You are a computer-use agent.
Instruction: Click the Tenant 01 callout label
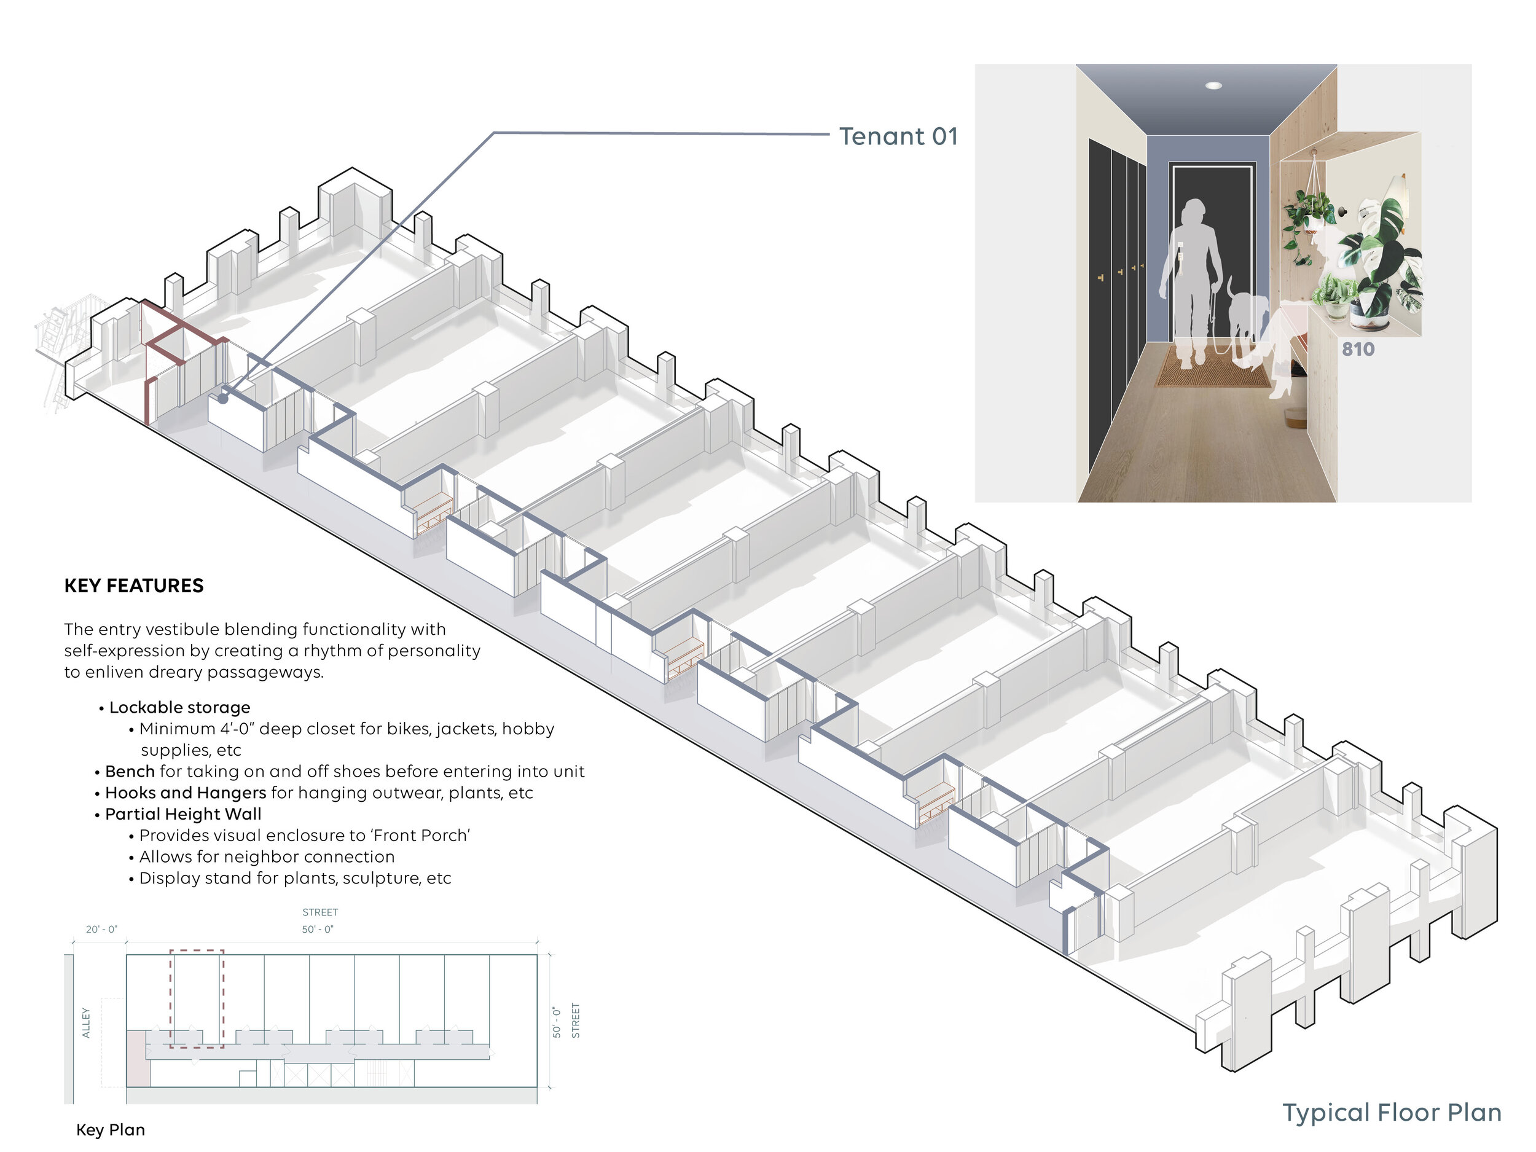(898, 136)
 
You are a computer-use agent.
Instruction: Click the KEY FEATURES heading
(134, 586)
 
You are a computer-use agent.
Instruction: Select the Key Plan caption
(111, 1130)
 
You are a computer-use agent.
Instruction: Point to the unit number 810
(1358, 349)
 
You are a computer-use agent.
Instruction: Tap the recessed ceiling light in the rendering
(1213, 85)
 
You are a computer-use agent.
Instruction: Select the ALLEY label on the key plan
(86, 1022)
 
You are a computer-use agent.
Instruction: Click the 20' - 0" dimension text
(101, 929)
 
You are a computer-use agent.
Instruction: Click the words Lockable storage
(179, 707)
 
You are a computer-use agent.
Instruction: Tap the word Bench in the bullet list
(130, 772)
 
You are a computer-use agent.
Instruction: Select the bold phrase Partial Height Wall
(183, 814)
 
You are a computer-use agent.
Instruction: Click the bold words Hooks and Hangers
(186, 793)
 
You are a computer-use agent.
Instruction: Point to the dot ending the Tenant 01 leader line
(223, 399)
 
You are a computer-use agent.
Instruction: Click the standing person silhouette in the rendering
(1191, 278)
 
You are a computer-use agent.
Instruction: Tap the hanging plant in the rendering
(1308, 215)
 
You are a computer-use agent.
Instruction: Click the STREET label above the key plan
(320, 912)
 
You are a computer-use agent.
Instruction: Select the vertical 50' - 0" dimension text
(556, 1022)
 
